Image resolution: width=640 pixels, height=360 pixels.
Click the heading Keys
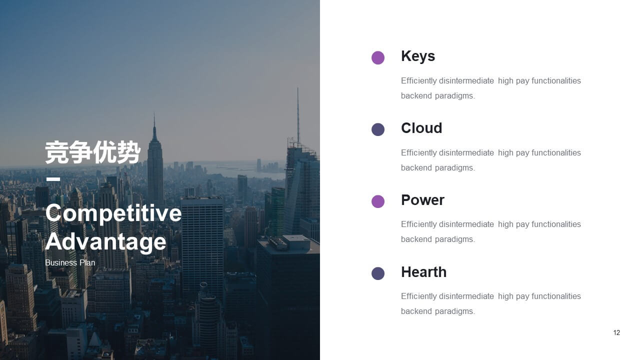[x=418, y=56]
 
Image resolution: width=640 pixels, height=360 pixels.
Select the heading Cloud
[x=421, y=128]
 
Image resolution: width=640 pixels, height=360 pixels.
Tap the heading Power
[x=422, y=200]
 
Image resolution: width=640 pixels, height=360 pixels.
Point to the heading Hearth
[x=423, y=272]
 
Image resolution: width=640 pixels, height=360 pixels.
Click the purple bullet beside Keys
[x=377, y=57]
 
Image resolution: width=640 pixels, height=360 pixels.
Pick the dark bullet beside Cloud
[x=377, y=129]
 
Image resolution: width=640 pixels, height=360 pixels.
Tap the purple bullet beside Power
[x=377, y=201]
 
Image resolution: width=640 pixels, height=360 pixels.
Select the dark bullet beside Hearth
[x=377, y=273]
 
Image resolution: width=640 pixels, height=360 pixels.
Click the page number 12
[x=616, y=332]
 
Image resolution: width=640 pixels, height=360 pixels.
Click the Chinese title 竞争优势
[x=93, y=152]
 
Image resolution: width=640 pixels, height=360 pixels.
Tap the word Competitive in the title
[x=113, y=213]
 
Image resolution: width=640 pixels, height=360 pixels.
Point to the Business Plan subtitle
[x=70, y=262]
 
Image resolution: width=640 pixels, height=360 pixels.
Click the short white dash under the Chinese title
[x=53, y=179]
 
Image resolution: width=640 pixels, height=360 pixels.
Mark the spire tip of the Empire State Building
[x=154, y=113]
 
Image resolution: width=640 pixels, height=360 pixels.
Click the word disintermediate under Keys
[x=466, y=81]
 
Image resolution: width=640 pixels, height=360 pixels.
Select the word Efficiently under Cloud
[x=418, y=153]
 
